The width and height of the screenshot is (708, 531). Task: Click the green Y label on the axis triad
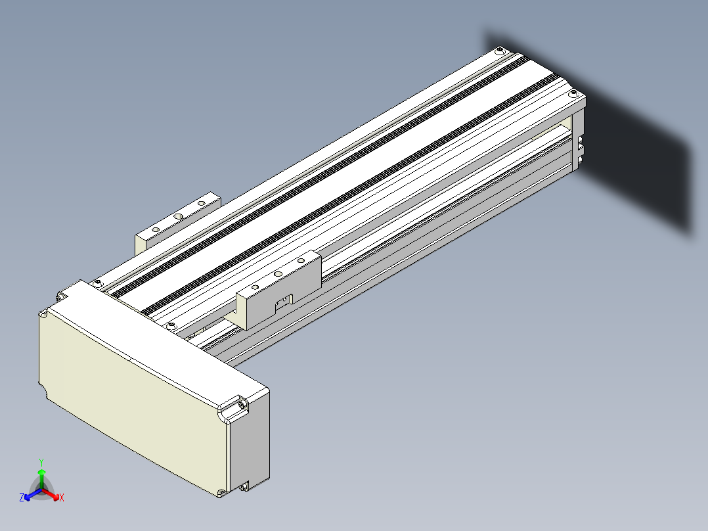41,463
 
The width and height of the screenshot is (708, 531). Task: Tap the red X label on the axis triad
62,497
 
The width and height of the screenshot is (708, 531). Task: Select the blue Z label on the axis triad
22,497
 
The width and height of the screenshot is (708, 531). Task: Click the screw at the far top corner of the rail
499,50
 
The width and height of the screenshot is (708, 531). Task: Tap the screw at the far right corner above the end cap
573,93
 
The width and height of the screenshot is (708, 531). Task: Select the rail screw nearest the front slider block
171,326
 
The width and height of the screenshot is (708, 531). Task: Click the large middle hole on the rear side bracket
179,216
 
